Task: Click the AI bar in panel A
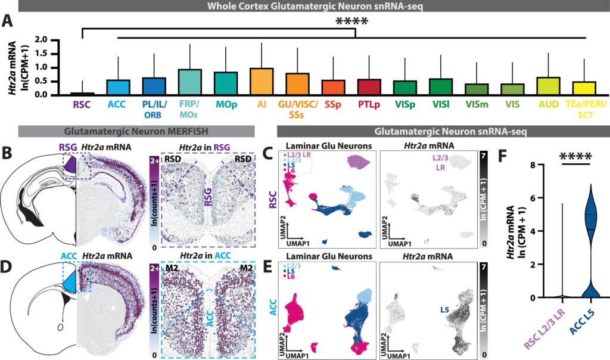coord(262,81)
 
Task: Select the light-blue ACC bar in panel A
coord(119,87)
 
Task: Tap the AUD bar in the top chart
coord(548,86)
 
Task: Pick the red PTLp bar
coord(369,87)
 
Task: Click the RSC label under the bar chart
coord(82,105)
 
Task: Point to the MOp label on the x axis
coord(226,105)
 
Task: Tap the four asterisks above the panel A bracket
coord(351,22)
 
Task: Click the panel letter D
coord(7,269)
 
